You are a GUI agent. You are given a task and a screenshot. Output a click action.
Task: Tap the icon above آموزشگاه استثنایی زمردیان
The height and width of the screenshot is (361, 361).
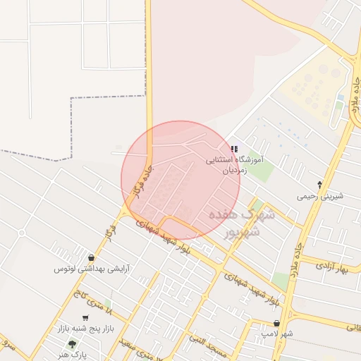point(233,149)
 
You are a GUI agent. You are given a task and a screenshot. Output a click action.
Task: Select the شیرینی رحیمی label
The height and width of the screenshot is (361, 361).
point(320,196)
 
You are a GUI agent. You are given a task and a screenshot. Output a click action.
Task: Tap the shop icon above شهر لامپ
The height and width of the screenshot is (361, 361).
point(276,322)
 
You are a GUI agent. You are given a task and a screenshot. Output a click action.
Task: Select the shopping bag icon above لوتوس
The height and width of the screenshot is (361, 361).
point(91,257)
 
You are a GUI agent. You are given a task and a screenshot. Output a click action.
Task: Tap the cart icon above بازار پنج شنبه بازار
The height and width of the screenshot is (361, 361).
point(85,319)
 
